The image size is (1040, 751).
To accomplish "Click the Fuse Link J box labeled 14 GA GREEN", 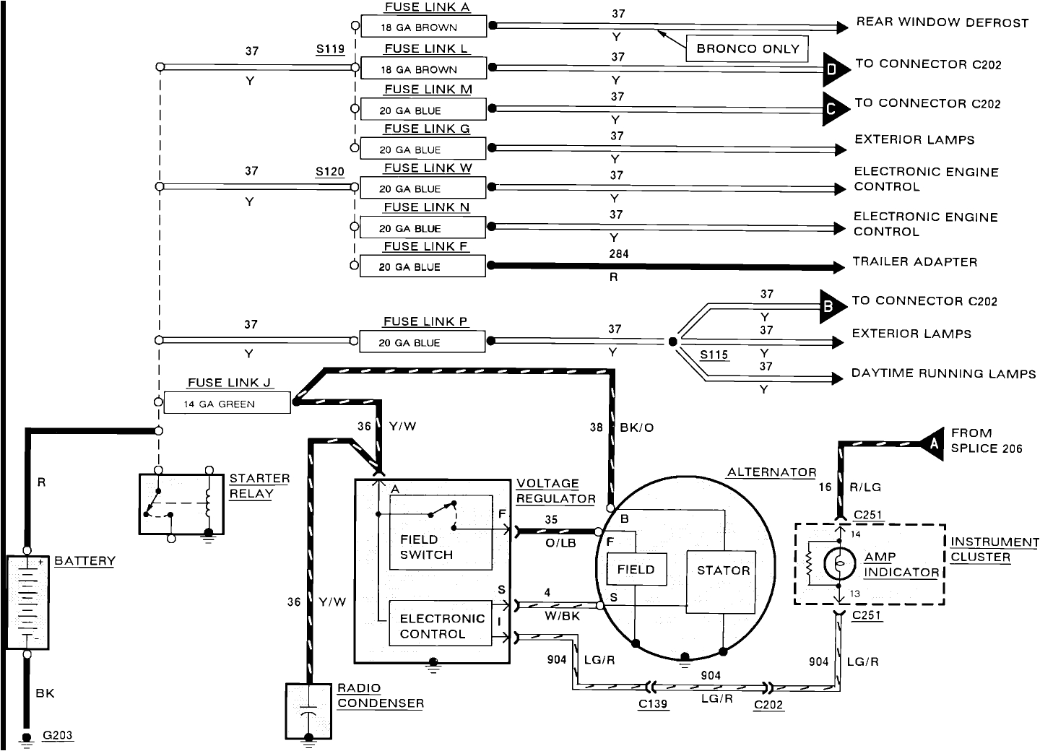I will tap(227, 404).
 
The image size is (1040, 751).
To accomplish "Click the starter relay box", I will tap(181, 504).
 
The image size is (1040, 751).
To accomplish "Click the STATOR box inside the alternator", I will tap(723, 581).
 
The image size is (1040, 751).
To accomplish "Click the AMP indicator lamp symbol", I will tap(839, 564).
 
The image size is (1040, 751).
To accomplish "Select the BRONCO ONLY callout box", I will tap(747, 49).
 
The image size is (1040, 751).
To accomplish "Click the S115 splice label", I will tap(714, 355).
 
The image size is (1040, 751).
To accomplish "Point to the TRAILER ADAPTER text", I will tap(914, 262).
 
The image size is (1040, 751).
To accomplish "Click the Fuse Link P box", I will tap(422, 342).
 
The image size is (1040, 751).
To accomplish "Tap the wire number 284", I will tap(618, 254).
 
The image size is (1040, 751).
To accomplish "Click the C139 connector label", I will tap(653, 704).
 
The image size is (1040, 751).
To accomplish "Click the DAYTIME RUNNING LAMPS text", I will tap(943, 374).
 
